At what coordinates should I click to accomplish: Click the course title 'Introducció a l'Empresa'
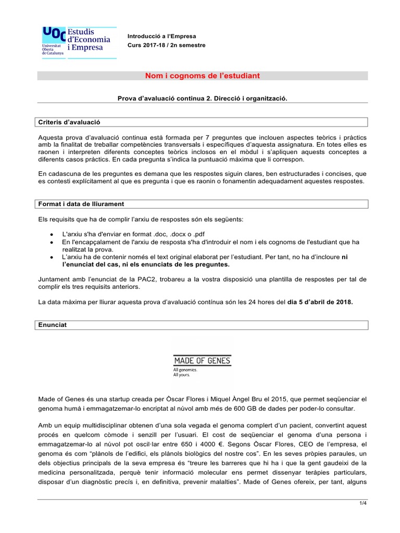tap(162, 36)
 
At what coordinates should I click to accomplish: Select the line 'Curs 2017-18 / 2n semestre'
tap(167, 45)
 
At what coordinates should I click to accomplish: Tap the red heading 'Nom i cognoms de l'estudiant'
tap(202, 76)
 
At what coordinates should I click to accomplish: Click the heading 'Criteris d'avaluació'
tap(69, 122)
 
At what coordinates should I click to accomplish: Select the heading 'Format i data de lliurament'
tap(81, 204)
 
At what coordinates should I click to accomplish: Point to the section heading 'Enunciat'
tap(53, 324)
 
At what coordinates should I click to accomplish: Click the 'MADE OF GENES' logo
tap(202, 361)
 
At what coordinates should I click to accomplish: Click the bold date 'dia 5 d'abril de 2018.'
tap(320, 301)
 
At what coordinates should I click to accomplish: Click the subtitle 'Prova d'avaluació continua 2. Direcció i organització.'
tap(203, 98)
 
